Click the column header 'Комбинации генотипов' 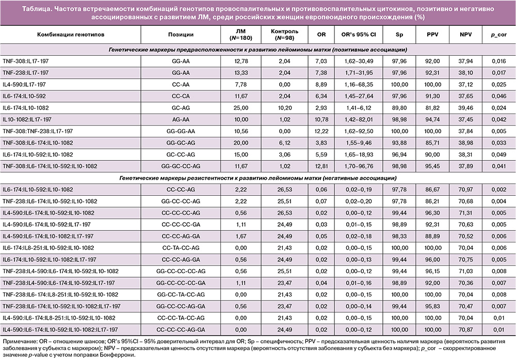(x=70, y=35)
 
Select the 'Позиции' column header (x=181, y=35)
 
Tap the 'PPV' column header (x=432, y=34)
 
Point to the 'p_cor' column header (x=498, y=35)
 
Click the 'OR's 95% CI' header (x=359, y=34)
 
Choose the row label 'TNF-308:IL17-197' (x=26, y=61)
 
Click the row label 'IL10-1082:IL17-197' (x=27, y=119)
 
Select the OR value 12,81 (x=321, y=166)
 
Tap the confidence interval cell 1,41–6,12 (x=359, y=108)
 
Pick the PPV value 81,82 (x=432, y=108)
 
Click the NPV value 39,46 (x=465, y=108)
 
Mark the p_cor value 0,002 (x=499, y=190)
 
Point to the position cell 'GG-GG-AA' (x=181, y=131)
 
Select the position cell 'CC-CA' (x=181, y=96)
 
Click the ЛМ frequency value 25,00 (x=241, y=108)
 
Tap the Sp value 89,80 (x=399, y=108)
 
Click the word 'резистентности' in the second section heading (x=210, y=178)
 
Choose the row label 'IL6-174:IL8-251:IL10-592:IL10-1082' (x=49, y=248)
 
